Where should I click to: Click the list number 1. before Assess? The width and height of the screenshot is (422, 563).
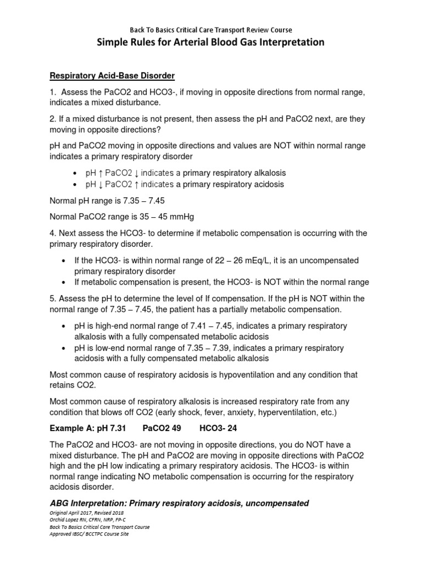[53, 91]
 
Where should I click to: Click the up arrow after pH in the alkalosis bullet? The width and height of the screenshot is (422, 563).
[100, 173]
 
